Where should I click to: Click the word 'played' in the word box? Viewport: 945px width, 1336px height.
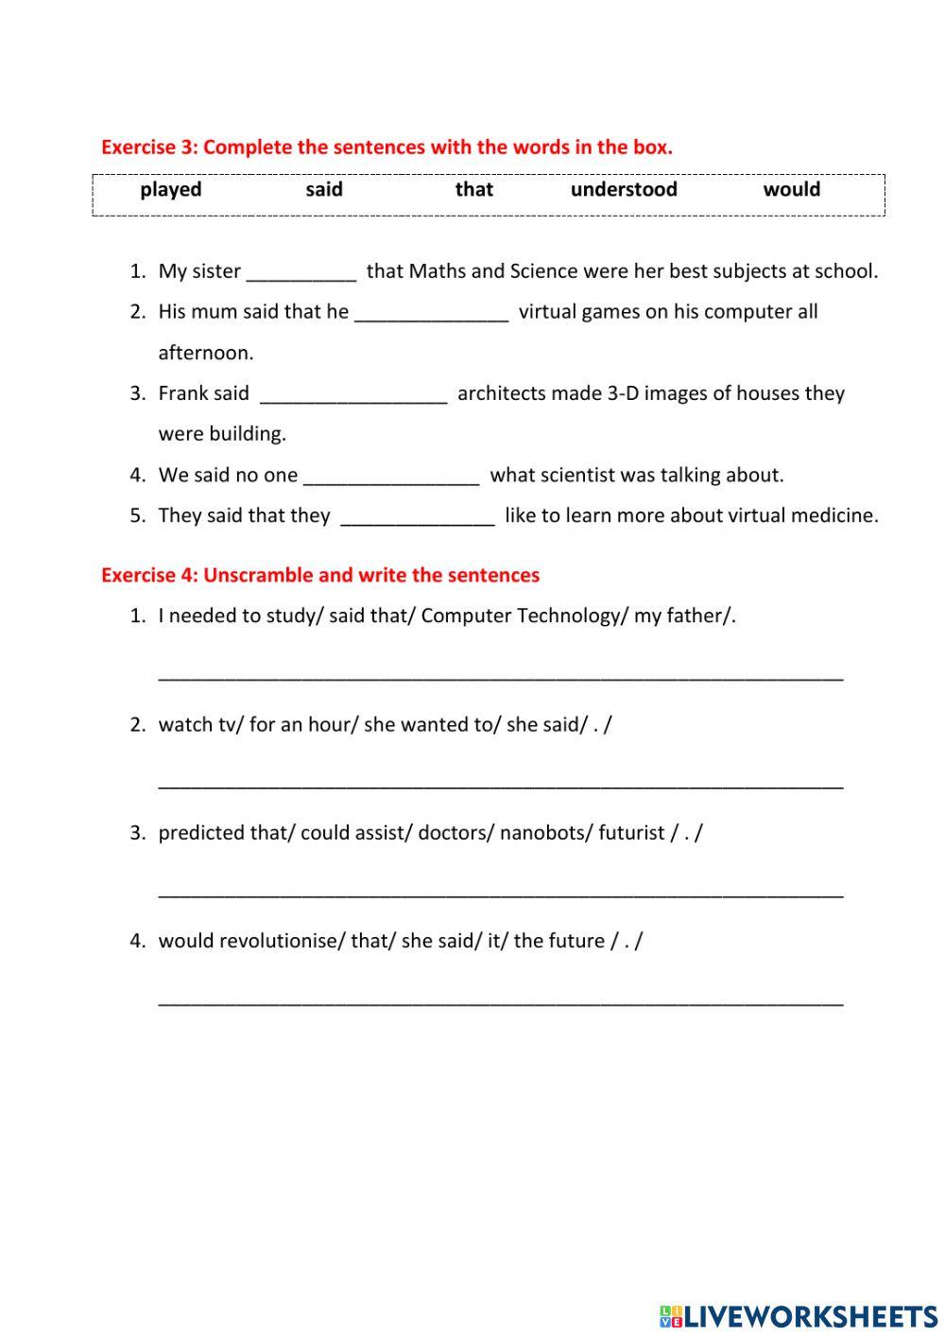[x=171, y=190]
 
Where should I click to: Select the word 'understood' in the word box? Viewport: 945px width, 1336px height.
[x=624, y=190]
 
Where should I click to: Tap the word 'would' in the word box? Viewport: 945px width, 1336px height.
[x=791, y=190]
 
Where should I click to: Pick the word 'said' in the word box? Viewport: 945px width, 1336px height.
[x=324, y=190]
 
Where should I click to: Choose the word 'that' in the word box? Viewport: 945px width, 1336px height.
[x=473, y=190]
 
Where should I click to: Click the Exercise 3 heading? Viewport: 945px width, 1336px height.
[x=387, y=147]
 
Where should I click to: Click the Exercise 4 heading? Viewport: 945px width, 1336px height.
[x=320, y=575]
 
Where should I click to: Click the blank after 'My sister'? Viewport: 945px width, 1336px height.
[x=301, y=274]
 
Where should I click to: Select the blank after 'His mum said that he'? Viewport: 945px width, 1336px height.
[x=432, y=315]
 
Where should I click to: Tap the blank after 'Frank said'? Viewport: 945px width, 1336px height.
[x=353, y=396]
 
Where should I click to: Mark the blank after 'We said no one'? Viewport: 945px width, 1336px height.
[x=391, y=477]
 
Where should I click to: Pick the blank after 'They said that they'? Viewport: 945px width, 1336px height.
[x=417, y=518]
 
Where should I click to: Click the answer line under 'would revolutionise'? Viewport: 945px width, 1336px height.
[x=501, y=999]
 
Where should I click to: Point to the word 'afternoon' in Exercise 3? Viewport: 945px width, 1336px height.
[x=206, y=353]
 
